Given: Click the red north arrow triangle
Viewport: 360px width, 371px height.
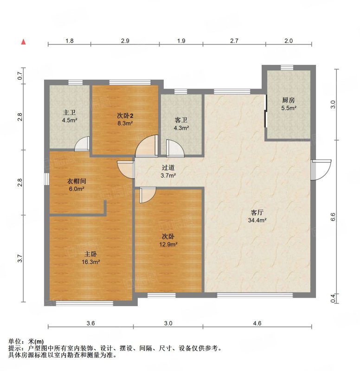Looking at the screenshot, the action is [23, 42].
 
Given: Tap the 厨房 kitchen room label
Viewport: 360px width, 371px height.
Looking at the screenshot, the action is [288, 100].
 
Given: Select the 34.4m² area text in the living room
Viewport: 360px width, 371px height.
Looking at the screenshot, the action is [257, 220].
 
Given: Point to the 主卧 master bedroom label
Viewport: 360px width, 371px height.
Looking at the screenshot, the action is [90, 254].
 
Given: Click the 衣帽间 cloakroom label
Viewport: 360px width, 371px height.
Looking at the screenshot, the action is [76, 181].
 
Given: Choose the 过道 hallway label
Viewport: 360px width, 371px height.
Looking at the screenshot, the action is [168, 167].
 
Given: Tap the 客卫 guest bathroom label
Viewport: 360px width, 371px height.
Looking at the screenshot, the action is [181, 120].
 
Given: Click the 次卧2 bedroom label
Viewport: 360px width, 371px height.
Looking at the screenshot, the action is [125, 115].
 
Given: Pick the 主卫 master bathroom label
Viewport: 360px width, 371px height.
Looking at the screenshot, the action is [69, 112].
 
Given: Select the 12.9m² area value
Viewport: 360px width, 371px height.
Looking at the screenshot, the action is [168, 244].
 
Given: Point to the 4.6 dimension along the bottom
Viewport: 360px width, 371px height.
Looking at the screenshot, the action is [257, 323].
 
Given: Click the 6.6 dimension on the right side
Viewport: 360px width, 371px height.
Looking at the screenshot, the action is [333, 217].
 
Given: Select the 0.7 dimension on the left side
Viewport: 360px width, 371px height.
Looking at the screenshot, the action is [20, 76].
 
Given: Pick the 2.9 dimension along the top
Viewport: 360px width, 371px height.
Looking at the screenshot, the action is [125, 41].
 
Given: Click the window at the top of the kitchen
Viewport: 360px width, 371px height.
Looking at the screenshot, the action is [287, 68].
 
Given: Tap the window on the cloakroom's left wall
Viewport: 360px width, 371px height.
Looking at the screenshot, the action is [47, 179].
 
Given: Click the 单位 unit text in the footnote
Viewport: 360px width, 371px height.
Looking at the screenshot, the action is [14, 341].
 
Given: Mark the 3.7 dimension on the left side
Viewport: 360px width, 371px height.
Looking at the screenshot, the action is [20, 258].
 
